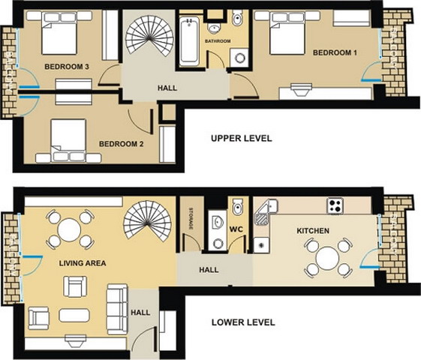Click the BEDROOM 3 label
coord(67,67)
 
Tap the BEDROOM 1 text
coord(335,52)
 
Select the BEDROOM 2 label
coord(121,144)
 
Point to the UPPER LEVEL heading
coord(242,139)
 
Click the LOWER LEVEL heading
coord(243,322)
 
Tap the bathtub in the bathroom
coord(189,41)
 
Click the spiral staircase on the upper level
coord(149,36)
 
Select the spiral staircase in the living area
coord(147,220)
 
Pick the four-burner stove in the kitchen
coord(335,205)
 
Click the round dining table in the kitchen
coord(327,258)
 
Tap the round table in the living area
coord(70,230)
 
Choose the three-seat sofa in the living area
coord(117,309)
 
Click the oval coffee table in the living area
coord(74,315)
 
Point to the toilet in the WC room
coord(238,207)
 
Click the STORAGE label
coord(191,218)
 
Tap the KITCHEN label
coord(313,231)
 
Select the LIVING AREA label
coord(83,263)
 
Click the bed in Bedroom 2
coord(69,140)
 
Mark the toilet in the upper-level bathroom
coord(238,17)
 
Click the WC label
coord(236,229)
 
